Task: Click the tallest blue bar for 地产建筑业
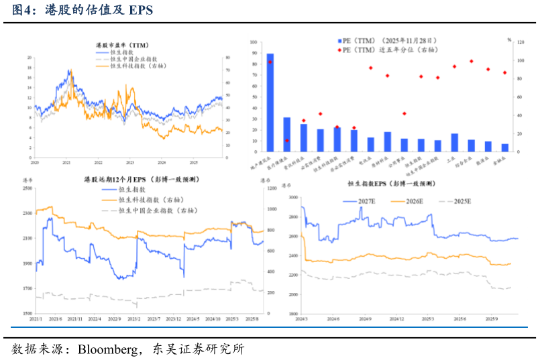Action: (x=270, y=101)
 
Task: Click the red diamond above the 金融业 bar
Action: (x=504, y=72)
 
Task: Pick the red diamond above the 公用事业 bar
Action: (x=404, y=113)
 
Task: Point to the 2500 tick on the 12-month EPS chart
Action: (x=28, y=188)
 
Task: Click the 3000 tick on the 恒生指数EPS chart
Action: (x=292, y=198)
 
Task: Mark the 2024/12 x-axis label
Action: (x=397, y=319)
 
